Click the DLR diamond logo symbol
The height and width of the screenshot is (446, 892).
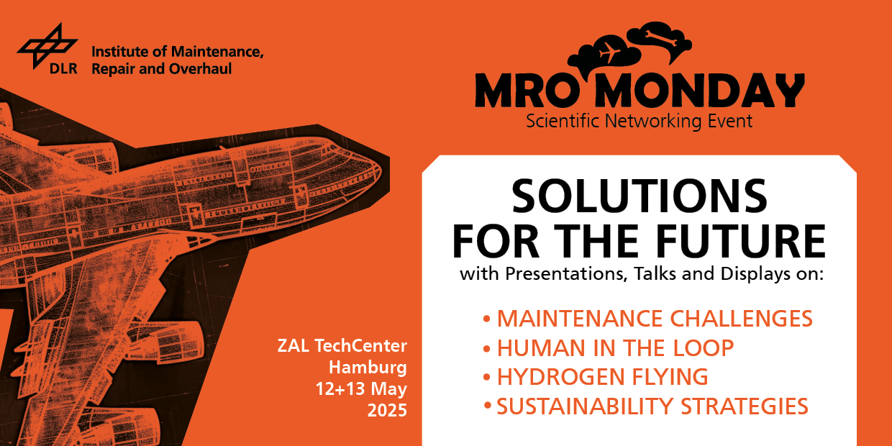(x=47, y=46)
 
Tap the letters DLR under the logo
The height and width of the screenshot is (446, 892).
(x=63, y=68)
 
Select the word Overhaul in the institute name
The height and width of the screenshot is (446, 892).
(x=200, y=69)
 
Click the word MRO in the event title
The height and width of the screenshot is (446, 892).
(x=527, y=91)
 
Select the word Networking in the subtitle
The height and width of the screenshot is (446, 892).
(x=653, y=121)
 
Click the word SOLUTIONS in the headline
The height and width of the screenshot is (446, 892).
(x=639, y=196)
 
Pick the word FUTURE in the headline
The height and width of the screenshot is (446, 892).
(x=741, y=241)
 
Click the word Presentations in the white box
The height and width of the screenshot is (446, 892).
(x=566, y=274)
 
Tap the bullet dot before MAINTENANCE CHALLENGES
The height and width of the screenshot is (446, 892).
(x=486, y=319)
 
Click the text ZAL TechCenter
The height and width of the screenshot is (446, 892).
(x=342, y=345)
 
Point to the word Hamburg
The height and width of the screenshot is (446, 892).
(x=368, y=368)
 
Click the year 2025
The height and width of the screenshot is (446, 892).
(x=387, y=410)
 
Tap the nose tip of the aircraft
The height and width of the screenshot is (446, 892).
(x=381, y=172)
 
